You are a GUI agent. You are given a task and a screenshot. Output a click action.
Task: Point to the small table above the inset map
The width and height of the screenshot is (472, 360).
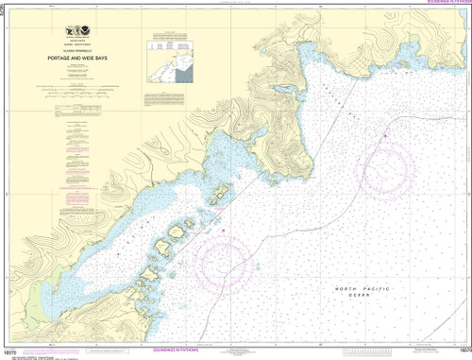point(170,44)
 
